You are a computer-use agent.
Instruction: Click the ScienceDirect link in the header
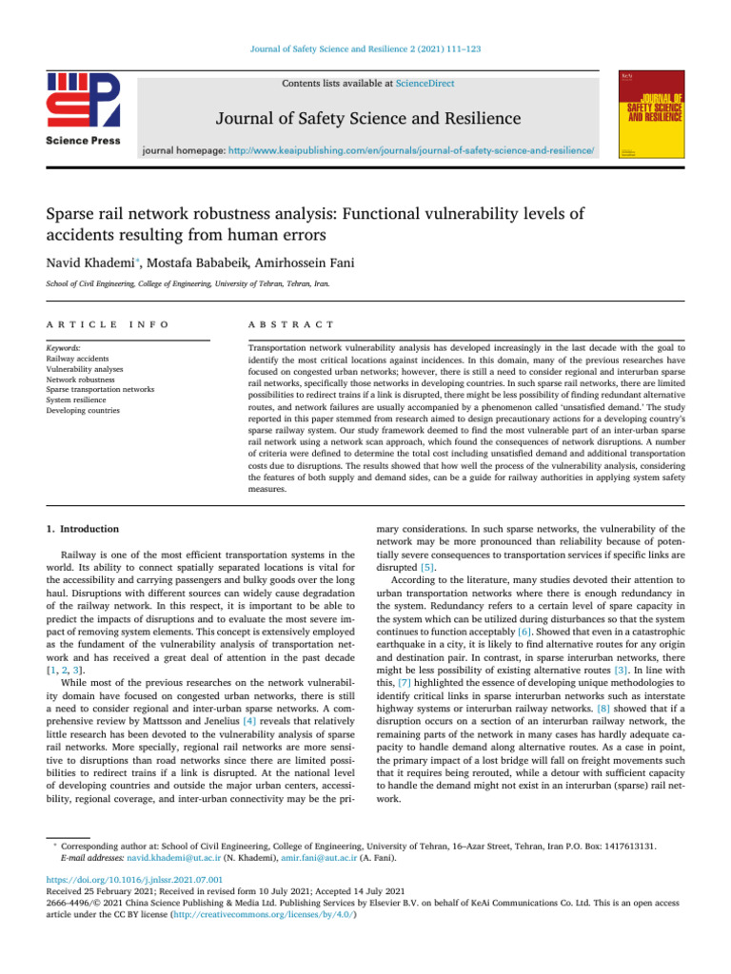coord(426,84)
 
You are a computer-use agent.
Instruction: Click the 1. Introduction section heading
coord(83,528)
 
